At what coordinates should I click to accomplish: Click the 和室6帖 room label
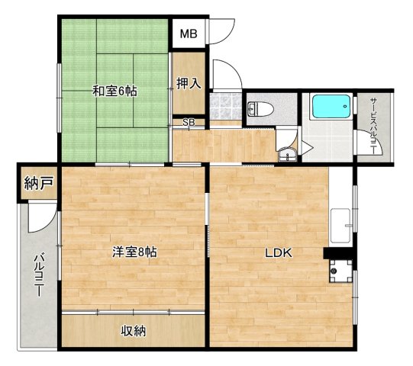(x=115, y=91)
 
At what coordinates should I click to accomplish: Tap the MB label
(x=188, y=34)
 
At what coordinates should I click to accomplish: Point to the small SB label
(x=188, y=122)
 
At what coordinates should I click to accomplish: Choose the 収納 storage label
(x=133, y=331)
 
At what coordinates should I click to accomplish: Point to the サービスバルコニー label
(x=374, y=126)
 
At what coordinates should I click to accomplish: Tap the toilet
(x=257, y=108)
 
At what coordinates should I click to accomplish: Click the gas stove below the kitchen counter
(x=340, y=269)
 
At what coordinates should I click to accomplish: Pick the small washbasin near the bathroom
(x=287, y=156)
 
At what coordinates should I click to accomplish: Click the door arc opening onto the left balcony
(x=44, y=221)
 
